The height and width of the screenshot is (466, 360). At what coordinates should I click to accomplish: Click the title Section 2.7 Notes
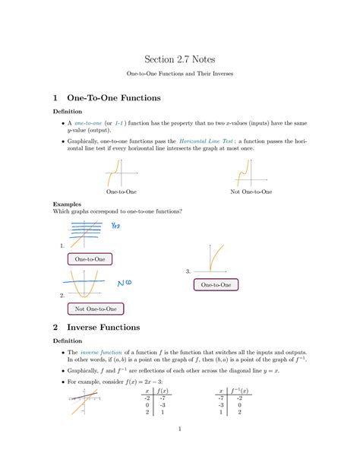[x=179, y=59]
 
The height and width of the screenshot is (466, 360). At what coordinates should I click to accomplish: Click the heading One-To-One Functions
[x=114, y=98]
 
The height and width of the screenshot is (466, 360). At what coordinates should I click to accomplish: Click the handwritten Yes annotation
[x=116, y=226]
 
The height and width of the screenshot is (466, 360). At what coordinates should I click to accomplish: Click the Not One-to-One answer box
[x=96, y=309]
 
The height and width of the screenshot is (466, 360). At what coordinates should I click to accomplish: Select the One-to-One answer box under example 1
[x=90, y=259]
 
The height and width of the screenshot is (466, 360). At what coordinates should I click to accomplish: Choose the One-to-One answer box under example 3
[x=216, y=284]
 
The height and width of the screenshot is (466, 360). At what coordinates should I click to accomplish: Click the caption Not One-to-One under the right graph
[x=250, y=192]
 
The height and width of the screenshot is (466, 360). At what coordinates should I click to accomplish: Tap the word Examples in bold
[x=65, y=204]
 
